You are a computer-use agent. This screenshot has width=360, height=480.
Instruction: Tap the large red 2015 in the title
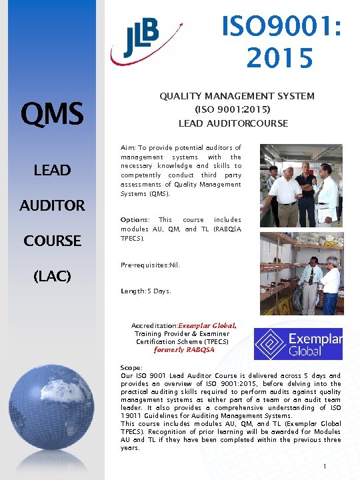click(x=279, y=59)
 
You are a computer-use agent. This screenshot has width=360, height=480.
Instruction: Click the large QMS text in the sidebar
click(x=53, y=114)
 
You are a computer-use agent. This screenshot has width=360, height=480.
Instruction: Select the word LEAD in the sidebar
click(x=53, y=170)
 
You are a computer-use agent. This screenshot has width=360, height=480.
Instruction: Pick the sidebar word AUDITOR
click(x=53, y=205)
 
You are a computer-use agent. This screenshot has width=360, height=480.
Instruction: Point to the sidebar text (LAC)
click(x=53, y=275)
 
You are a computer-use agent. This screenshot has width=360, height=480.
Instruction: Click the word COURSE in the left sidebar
click(x=53, y=240)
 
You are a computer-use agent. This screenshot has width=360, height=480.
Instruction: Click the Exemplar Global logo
click(x=298, y=344)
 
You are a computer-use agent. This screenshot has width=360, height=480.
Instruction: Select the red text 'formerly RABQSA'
click(x=182, y=349)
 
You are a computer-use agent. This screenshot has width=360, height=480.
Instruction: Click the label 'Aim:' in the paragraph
click(x=128, y=147)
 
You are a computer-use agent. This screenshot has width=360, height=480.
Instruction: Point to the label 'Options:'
click(x=134, y=219)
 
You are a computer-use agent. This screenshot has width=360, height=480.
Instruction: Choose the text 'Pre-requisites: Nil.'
click(x=150, y=265)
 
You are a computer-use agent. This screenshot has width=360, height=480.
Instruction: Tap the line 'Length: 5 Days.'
click(x=146, y=291)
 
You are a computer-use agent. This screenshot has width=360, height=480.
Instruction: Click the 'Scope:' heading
click(x=131, y=367)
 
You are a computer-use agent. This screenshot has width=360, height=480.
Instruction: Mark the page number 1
click(x=323, y=466)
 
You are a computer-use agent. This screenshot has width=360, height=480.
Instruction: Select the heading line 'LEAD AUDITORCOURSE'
click(x=233, y=123)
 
